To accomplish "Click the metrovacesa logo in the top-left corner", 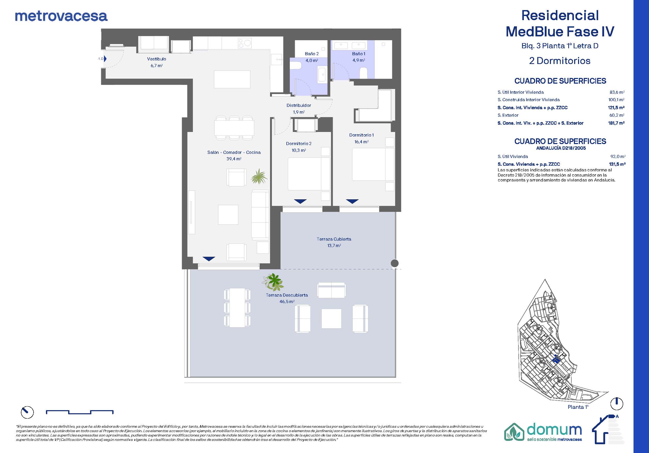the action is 61,17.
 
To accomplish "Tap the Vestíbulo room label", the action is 157,59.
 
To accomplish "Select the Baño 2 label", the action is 312,54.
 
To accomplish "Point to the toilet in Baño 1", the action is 363,73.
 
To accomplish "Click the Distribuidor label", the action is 299,106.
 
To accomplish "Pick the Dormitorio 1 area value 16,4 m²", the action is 362,142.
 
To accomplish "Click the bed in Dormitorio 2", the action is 309,174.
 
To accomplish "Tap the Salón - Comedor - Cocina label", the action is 234,152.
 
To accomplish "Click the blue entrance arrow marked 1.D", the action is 105,59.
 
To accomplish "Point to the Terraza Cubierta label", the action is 334,239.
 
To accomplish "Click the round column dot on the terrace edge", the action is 395,263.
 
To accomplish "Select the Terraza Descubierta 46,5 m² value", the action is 287,302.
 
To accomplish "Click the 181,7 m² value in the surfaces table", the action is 616,123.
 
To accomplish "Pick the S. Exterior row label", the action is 508,115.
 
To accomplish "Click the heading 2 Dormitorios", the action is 560,61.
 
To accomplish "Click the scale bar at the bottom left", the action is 79,412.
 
